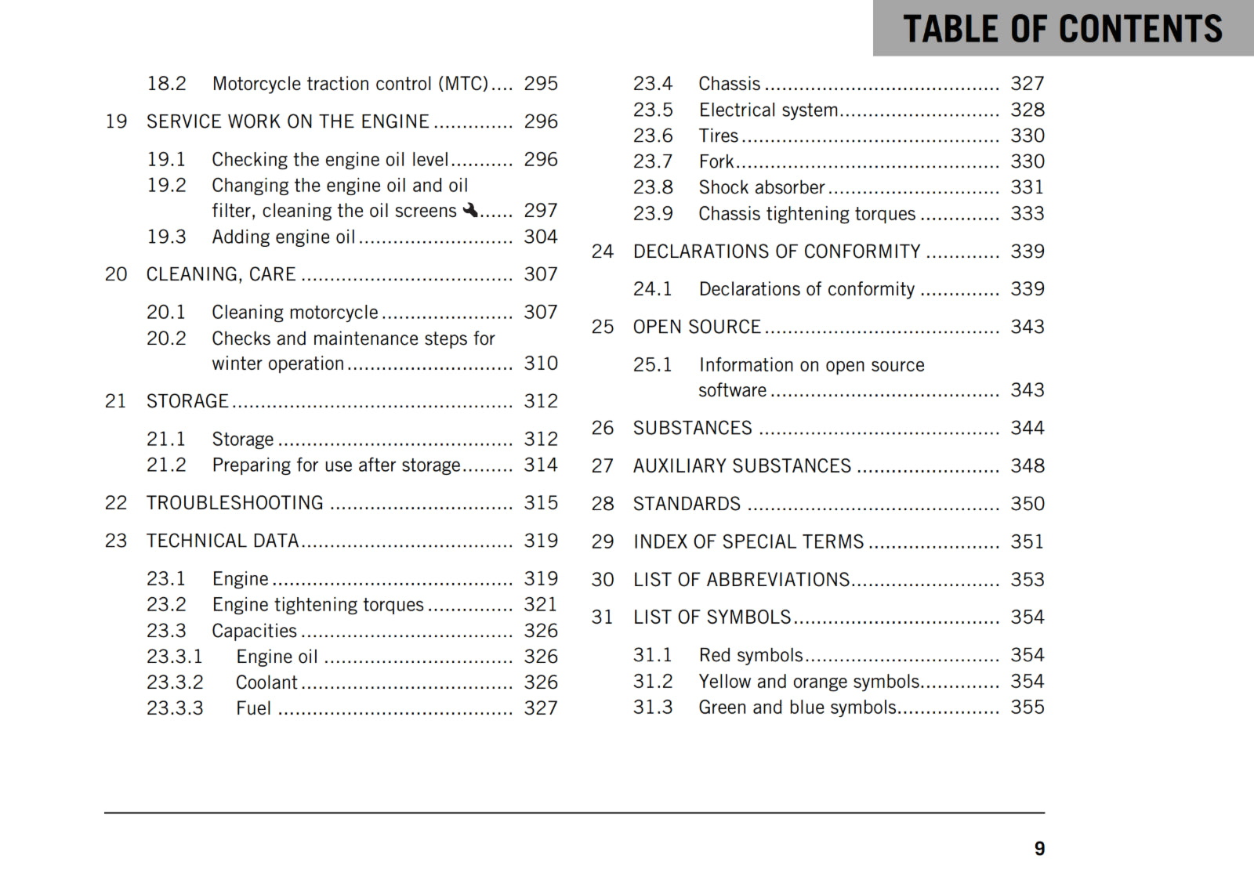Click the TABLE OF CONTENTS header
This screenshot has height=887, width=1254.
point(1062,29)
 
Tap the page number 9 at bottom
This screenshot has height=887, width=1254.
point(1039,849)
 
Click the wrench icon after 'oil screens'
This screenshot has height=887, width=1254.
point(470,210)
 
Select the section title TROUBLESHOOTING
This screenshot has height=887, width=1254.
point(234,503)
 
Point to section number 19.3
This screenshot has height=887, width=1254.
point(166,237)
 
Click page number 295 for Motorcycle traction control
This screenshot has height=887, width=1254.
point(541,84)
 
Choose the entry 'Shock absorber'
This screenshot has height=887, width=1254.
point(761,188)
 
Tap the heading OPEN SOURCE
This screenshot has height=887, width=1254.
point(697,327)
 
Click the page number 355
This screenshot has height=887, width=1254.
point(1027,708)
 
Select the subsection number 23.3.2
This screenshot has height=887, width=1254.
point(175,682)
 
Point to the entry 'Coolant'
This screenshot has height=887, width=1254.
point(266,682)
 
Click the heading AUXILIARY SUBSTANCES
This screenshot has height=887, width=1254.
point(741,466)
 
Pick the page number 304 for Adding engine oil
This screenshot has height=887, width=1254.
point(541,237)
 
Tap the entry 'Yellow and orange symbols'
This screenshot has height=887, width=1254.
point(809,682)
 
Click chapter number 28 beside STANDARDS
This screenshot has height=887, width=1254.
point(602,504)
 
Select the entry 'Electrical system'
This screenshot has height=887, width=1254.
point(768,110)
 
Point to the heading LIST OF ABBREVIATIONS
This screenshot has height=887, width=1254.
point(741,580)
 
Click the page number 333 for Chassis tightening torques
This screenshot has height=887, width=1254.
point(1027,214)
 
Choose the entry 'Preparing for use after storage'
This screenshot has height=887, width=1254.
point(336,465)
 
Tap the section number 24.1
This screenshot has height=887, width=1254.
point(652,289)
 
